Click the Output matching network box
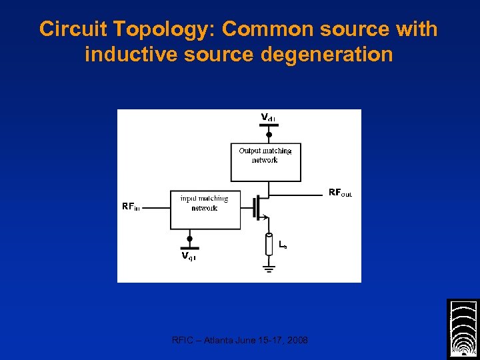pos(265,162)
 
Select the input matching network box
pos(205,211)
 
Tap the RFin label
pos(131,206)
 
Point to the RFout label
pos(340,193)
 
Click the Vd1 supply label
pos(268,118)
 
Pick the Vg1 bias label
pos(189,255)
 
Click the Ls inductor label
pos(283,245)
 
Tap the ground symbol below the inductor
pos(269,269)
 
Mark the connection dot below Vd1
pos(269,134)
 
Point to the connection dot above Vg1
pos(189,238)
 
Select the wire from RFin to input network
pos(157,207)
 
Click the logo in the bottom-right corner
pos(463,329)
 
